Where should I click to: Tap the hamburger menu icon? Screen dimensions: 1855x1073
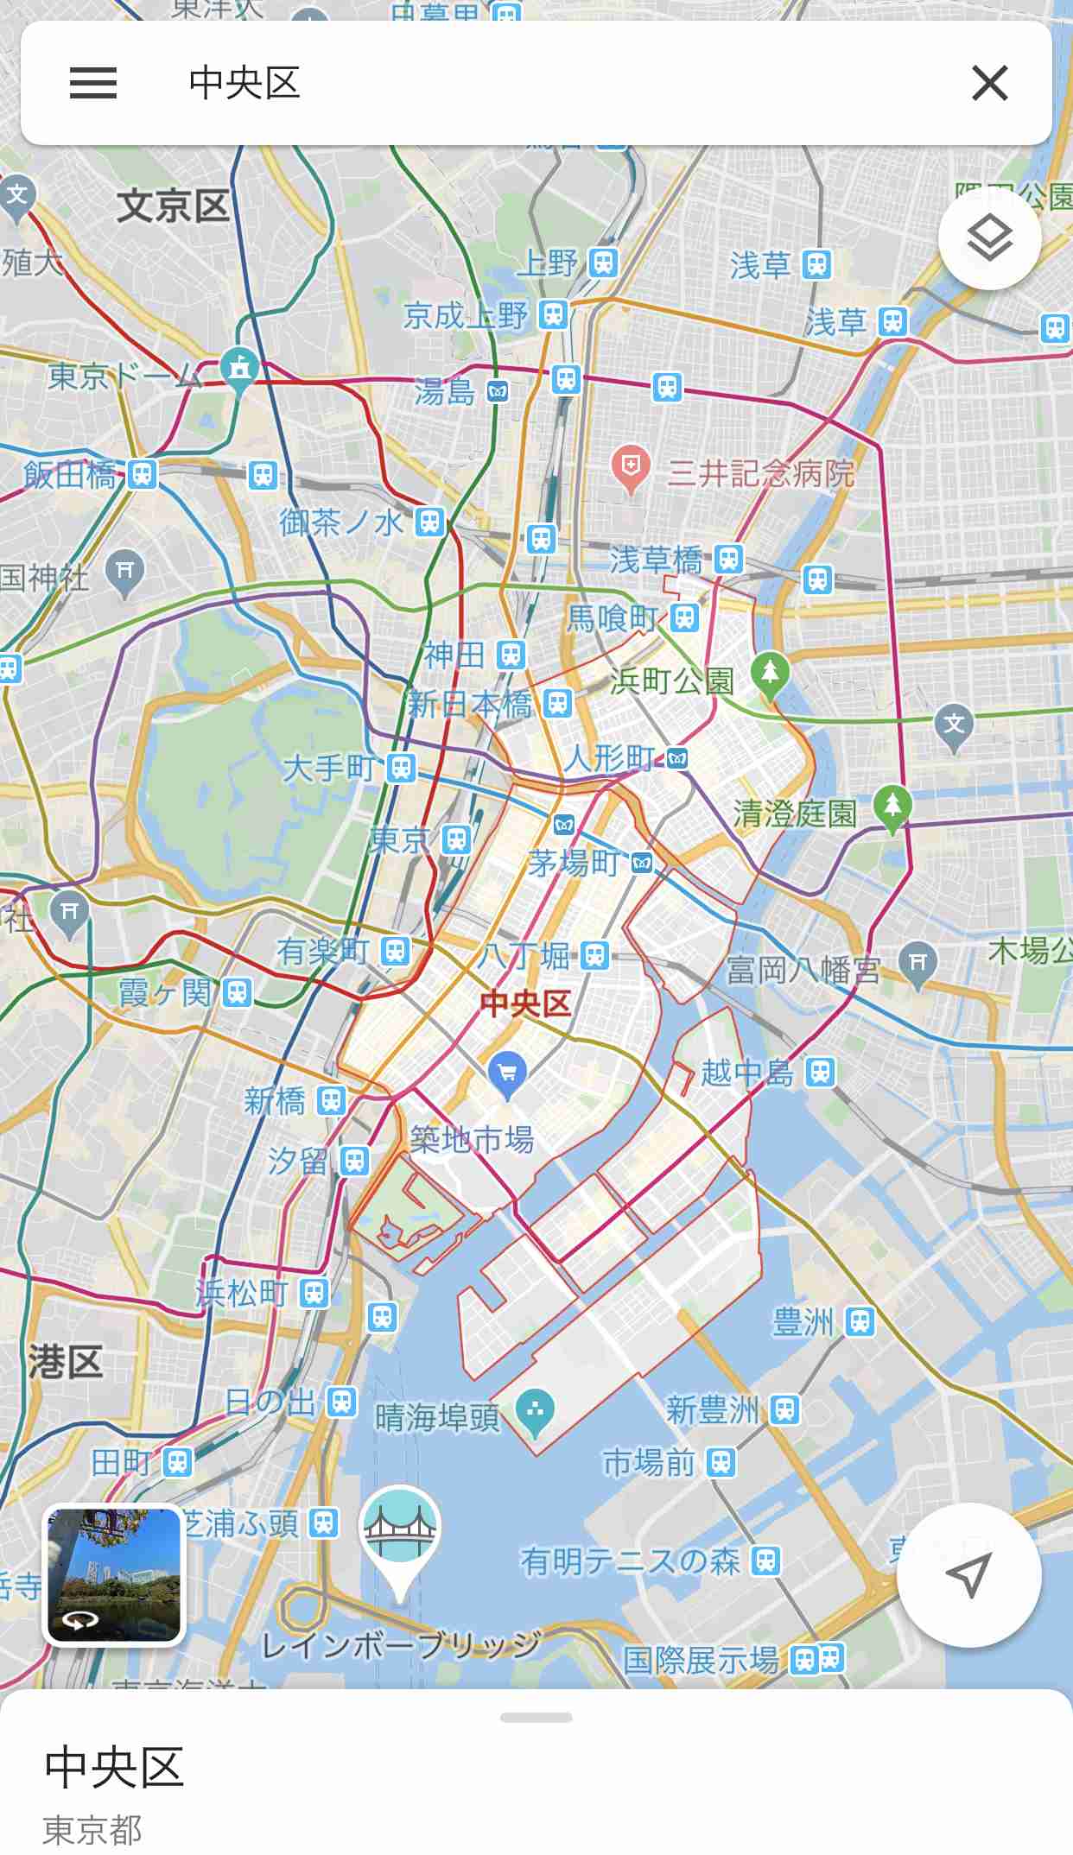coord(93,84)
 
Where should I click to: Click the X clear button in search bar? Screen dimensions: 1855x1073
coord(989,84)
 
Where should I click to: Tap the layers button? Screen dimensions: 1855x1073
coord(989,238)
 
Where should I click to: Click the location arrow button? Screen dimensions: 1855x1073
coord(968,1575)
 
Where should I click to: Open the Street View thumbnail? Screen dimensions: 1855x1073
coord(114,1574)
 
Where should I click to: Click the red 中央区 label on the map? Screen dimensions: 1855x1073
coord(525,1003)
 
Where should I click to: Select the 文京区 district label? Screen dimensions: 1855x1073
coord(173,206)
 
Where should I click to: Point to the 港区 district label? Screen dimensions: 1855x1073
coord(66,1362)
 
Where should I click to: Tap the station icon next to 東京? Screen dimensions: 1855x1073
coord(456,839)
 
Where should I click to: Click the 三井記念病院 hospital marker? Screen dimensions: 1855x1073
coord(631,467)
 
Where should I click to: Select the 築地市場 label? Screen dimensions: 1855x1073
coord(472,1140)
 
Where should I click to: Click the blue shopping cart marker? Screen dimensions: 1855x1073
coord(508,1073)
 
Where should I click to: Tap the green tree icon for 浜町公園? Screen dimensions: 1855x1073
coord(770,673)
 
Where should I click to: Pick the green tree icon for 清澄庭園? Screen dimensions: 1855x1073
coord(892,806)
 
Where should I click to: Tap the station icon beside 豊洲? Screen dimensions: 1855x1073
coord(860,1321)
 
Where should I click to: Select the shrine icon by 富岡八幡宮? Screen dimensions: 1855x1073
coord(917,963)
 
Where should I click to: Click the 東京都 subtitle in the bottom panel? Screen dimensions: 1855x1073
coord(92,1829)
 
